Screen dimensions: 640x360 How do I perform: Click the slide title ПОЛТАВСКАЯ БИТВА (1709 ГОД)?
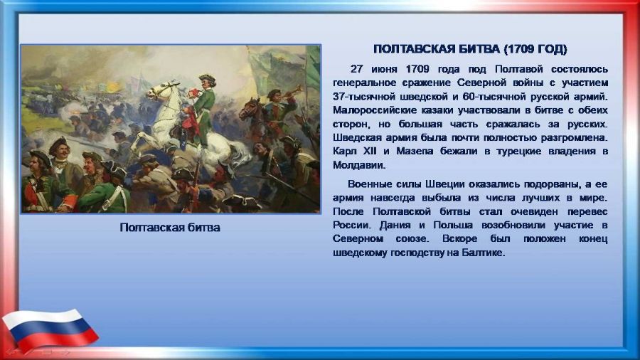(x=470, y=49)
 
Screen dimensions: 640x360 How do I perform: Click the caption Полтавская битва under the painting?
(x=170, y=228)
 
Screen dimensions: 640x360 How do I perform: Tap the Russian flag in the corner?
(x=50, y=329)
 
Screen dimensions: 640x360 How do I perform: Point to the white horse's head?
(x=161, y=90)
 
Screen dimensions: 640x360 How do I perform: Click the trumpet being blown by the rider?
(x=293, y=92)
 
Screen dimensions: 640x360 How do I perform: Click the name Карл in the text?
(x=344, y=152)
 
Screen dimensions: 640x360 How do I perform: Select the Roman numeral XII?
(x=370, y=152)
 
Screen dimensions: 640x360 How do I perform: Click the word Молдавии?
(x=359, y=165)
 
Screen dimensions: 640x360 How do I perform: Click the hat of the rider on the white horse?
(x=208, y=78)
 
